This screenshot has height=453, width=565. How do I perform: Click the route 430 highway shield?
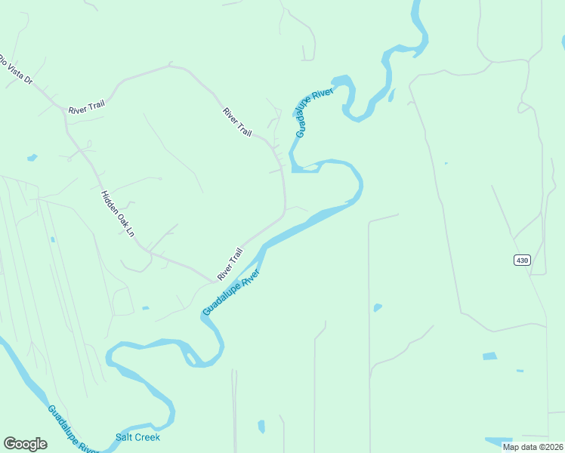521,260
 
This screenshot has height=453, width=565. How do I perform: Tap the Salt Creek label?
137,438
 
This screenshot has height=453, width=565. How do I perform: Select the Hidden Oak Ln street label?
117,214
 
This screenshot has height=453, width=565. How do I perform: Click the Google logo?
25,444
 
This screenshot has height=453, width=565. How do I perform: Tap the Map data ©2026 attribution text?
533,446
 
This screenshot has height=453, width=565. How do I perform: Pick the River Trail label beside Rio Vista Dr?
85,109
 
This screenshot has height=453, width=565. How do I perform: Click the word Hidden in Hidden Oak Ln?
110,202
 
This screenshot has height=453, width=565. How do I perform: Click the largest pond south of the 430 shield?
489,356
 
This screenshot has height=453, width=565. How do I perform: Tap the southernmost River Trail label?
230,264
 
